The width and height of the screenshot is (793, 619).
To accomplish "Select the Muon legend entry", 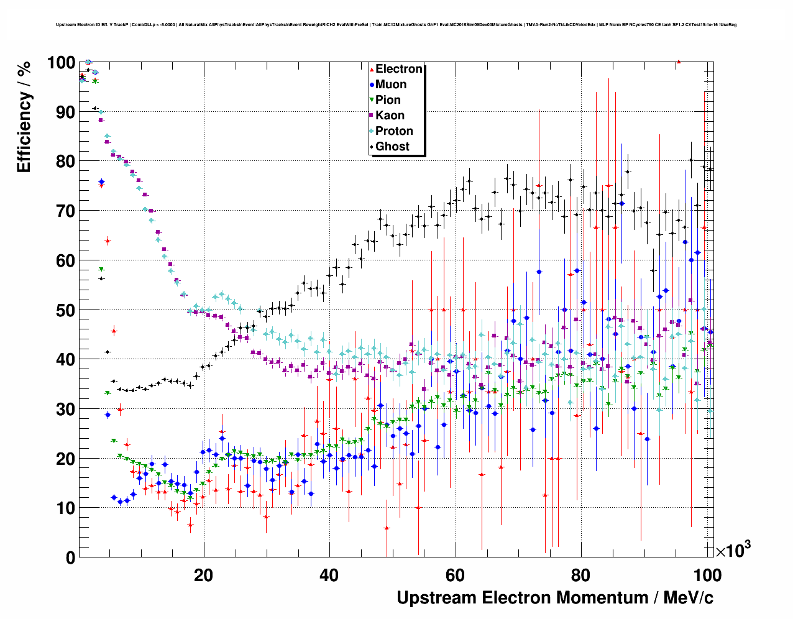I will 390,85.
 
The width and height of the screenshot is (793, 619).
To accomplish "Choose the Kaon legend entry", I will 390,116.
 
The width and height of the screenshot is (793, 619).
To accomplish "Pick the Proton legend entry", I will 394,131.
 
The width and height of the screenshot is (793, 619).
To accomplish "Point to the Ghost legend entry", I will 392,147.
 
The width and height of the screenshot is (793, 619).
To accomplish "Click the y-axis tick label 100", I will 61,63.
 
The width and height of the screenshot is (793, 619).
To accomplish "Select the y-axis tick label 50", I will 65,310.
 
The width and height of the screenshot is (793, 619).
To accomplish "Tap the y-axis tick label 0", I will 70,558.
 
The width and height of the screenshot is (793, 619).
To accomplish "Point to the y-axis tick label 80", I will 65,162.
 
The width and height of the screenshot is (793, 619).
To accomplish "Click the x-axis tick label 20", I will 203,575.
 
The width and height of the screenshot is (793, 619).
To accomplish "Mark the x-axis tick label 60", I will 455,575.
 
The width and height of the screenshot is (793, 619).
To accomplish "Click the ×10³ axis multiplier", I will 733,550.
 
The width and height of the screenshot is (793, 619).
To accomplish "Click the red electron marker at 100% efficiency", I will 679,62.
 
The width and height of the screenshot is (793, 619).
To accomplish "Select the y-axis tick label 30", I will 65,409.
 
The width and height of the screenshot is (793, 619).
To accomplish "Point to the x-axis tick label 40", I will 329,575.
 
